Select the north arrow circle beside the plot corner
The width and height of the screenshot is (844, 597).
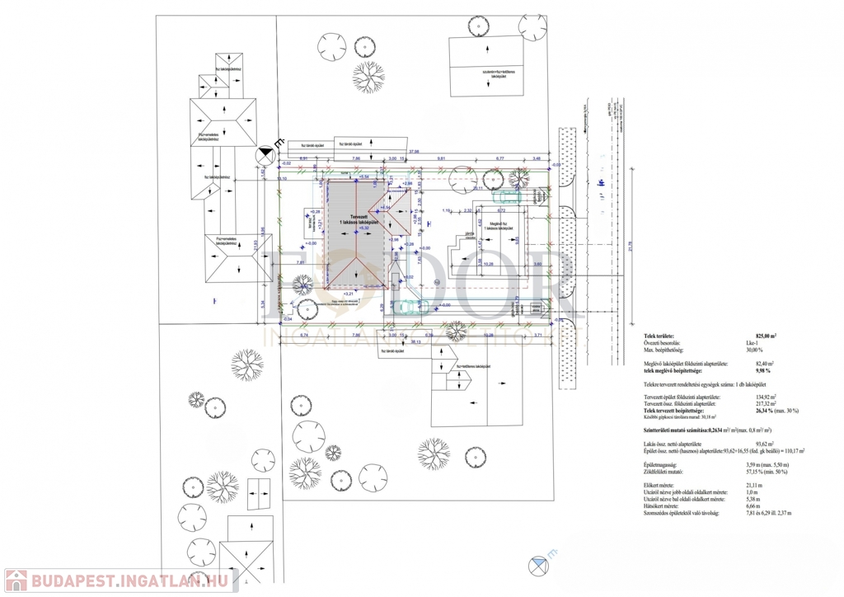click(264, 153)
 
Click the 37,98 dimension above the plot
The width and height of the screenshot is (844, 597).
click(414, 152)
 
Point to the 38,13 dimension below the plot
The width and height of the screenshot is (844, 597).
click(415, 341)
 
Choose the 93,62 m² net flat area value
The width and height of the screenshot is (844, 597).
click(768, 444)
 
